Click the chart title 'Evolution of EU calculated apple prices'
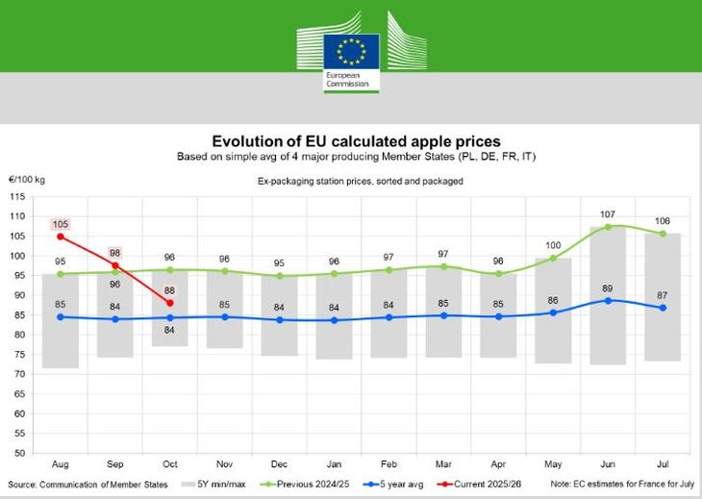356,141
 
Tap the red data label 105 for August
60,225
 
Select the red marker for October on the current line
169,303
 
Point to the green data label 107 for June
607,214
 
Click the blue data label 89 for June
607,287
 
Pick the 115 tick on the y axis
17,197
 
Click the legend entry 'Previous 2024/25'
313,483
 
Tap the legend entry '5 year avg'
394,483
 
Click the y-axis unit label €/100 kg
28,180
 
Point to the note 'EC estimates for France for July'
620,483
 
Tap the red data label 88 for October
169,290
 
